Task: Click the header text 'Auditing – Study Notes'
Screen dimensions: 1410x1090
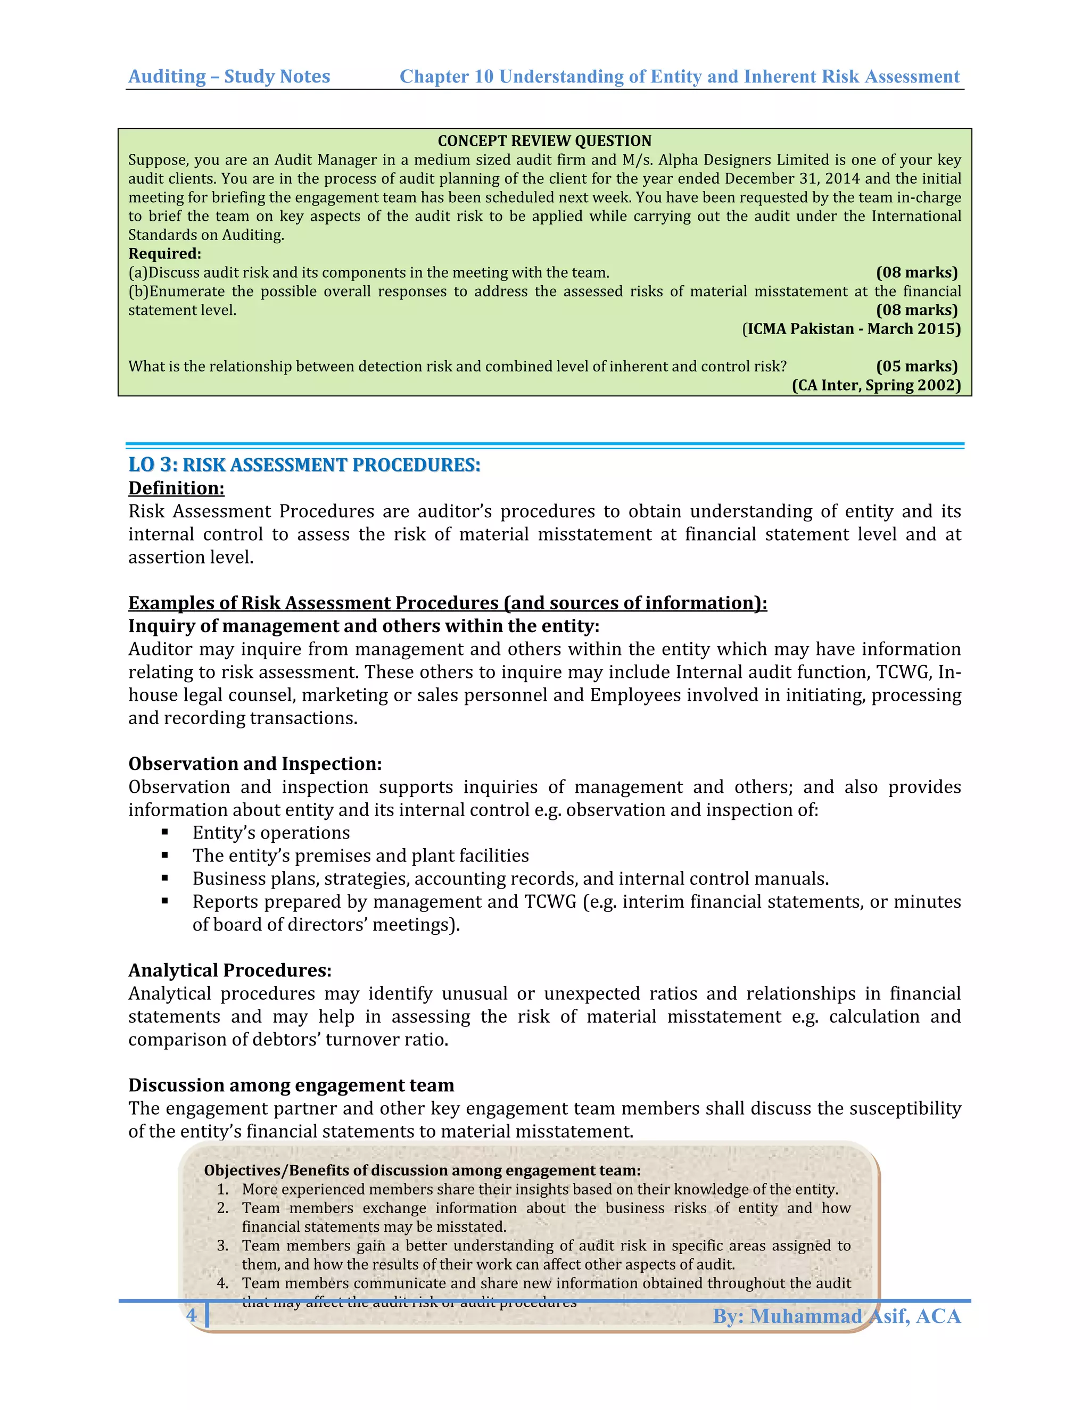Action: coord(229,76)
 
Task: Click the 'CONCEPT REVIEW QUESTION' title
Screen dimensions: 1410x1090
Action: coord(544,141)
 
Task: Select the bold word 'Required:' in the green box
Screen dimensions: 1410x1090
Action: coord(164,254)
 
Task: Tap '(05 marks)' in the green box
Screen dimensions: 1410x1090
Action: coord(916,366)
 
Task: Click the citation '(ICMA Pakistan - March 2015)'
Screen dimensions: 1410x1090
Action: coord(851,329)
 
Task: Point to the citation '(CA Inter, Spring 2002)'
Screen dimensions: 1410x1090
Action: coord(876,385)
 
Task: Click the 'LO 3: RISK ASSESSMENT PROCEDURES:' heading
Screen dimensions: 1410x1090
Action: coord(304,465)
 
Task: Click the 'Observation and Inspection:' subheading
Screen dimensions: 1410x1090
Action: coord(255,764)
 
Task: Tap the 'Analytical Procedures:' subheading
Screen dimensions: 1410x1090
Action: coord(230,971)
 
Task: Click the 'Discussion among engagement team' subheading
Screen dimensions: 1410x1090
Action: coord(291,1085)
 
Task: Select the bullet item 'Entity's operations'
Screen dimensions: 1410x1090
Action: coord(270,833)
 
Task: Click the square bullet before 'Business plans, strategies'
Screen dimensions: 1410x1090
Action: coord(166,878)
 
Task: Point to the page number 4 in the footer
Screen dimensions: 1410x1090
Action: coord(191,1316)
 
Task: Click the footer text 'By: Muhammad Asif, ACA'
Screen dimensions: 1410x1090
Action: coord(836,1316)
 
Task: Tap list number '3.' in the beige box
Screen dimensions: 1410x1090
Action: coord(223,1246)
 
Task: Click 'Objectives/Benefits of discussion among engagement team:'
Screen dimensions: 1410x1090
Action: coord(422,1171)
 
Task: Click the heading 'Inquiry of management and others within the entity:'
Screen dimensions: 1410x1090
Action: coord(364,626)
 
